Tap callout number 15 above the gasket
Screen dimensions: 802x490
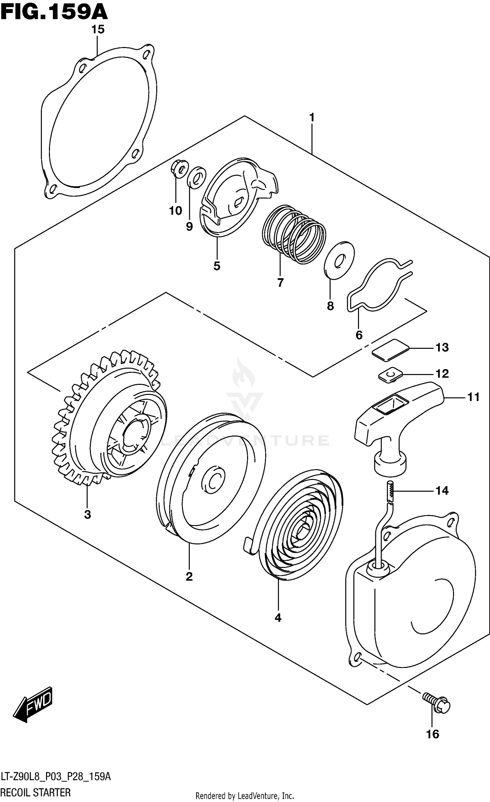[x=98, y=29]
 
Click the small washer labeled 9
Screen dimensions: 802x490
[x=196, y=178]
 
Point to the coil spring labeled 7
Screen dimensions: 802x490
[x=294, y=234]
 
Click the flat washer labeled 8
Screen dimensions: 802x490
[x=339, y=260]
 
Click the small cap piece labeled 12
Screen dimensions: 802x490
[x=390, y=374]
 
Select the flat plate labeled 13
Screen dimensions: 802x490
[x=391, y=350]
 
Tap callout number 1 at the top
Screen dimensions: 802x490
[x=312, y=117]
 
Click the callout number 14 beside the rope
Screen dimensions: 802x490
[x=442, y=490]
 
